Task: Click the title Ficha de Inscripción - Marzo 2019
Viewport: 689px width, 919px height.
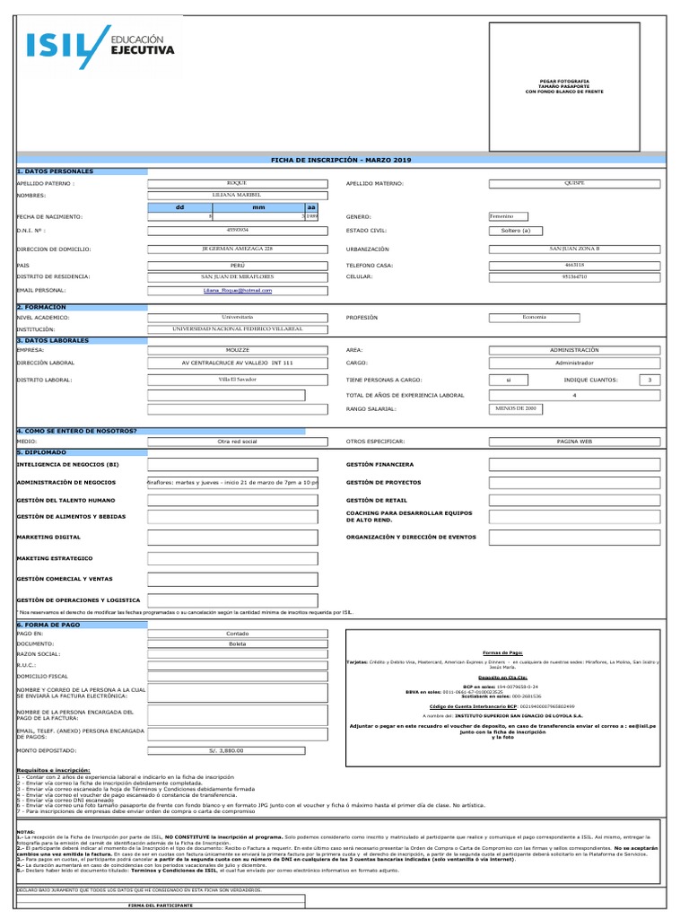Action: tap(340, 159)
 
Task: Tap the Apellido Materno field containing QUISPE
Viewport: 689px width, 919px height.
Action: tap(574, 183)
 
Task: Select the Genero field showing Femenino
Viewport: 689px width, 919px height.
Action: tap(508, 216)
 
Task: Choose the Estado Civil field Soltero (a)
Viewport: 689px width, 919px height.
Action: tap(515, 231)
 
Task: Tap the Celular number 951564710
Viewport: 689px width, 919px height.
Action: tap(574, 277)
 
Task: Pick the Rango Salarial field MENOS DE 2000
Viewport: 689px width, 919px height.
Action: tap(515, 408)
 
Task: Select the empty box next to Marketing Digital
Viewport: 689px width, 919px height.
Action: tap(232, 538)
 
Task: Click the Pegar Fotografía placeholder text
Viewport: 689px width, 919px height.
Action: tap(563, 86)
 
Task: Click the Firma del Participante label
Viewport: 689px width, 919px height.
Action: tap(161, 906)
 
